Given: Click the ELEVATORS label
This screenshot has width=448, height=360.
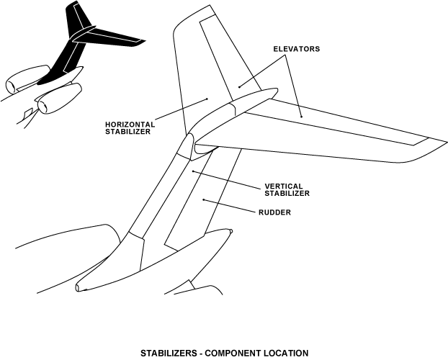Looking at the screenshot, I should click(296, 49).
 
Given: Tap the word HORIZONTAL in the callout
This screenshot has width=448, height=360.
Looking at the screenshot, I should click(127, 124).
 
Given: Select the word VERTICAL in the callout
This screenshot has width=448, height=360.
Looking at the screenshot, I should click(283, 186).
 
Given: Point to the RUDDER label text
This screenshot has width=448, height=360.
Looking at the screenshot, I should click(274, 212).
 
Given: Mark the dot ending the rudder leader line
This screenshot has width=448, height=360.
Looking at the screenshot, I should click(205, 199).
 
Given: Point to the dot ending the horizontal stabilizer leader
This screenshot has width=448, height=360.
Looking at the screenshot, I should click(207, 99).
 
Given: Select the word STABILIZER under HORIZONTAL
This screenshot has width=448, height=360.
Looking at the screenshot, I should click(127, 132).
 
